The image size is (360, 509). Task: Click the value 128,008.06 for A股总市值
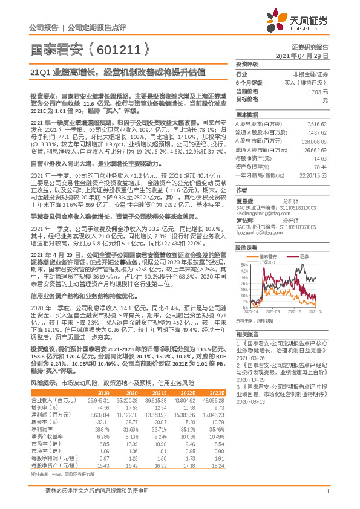point(315,139)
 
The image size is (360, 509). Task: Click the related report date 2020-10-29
point(251,381)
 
